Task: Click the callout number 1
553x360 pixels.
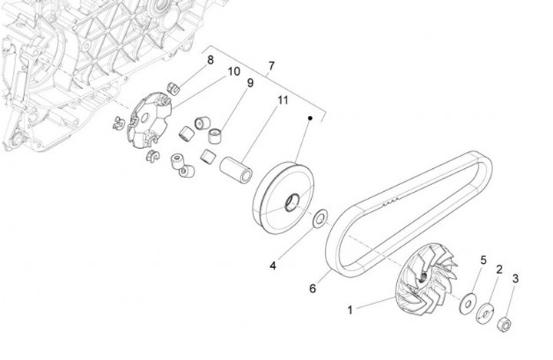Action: (x=350, y=310)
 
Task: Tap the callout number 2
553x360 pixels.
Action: (x=499, y=269)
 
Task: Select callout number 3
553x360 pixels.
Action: (x=516, y=279)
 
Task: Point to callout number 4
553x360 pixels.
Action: (x=273, y=266)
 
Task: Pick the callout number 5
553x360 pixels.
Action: (x=483, y=260)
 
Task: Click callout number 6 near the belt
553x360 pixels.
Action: (x=313, y=289)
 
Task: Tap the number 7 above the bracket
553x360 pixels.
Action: (x=270, y=66)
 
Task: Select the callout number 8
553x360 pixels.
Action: (x=210, y=60)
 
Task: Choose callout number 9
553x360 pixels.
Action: (x=250, y=83)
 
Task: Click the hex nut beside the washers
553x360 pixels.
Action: (x=507, y=323)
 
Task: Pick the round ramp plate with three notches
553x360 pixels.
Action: (x=147, y=121)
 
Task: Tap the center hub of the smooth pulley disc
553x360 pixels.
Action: (x=292, y=204)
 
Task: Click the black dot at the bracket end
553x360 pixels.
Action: (x=310, y=119)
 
